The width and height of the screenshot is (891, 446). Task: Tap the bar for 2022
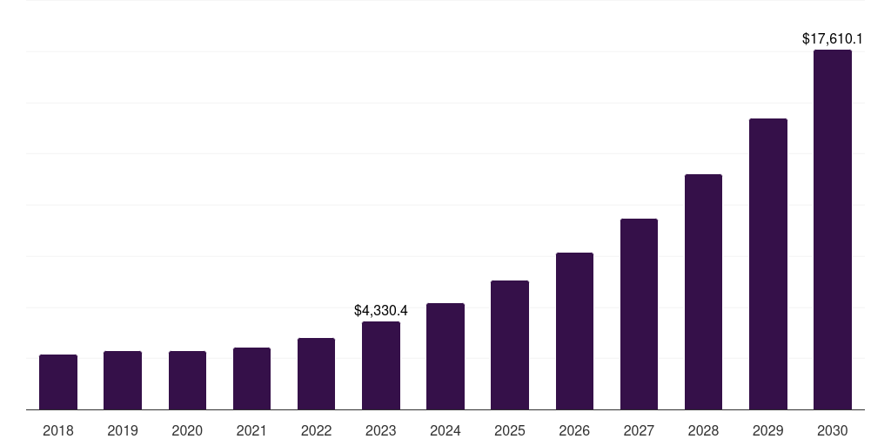coord(316,374)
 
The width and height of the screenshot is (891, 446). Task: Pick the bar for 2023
coord(381,365)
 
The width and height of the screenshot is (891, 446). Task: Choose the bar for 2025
coord(510,345)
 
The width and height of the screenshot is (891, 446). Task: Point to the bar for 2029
coord(768,264)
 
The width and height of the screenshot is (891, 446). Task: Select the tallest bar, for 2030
coord(833,229)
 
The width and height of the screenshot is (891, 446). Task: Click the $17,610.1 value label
coord(833,38)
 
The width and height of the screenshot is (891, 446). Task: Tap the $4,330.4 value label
coord(381,310)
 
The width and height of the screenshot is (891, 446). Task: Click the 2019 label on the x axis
coord(123,430)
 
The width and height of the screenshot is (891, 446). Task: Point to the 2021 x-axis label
coord(251,430)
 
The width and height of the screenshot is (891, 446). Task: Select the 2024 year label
coord(445,430)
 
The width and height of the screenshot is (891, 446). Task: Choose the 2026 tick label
coord(574,430)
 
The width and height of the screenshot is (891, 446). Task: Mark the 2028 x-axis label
coord(703,430)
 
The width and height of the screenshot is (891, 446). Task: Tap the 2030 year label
coord(833,430)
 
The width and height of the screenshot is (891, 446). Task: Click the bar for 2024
coord(445,356)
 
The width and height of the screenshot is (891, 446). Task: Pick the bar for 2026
coord(574,331)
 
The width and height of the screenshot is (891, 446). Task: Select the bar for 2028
coord(703,292)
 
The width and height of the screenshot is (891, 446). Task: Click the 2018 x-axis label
coord(58,430)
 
